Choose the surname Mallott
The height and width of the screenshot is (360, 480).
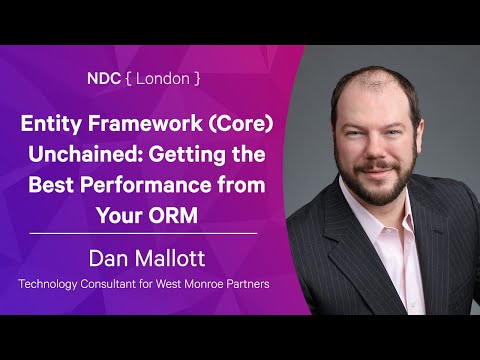[x=171, y=259]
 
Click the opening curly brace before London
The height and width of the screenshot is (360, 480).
[x=127, y=77]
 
